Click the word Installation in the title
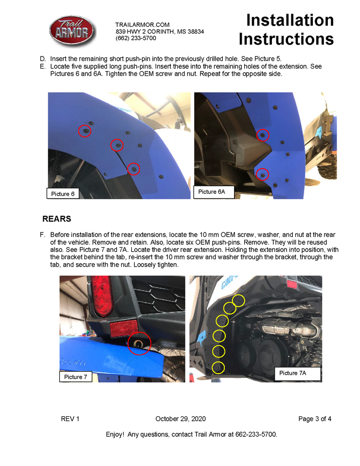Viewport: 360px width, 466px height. click(x=290, y=20)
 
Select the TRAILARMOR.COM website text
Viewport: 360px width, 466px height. click(x=142, y=25)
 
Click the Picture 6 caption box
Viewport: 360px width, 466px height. click(x=63, y=194)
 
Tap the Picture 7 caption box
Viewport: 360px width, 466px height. click(x=76, y=376)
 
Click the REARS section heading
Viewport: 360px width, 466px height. click(x=57, y=219)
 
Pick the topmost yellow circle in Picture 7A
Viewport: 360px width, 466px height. click(x=238, y=301)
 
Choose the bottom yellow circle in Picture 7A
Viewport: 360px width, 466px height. click(x=218, y=367)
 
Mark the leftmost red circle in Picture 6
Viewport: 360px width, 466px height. click(x=85, y=131)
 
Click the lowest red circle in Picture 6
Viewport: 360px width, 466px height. click(x=134, y=169)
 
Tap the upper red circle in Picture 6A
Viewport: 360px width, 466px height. click(x=262, y=135)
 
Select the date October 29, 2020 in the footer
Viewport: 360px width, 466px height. click(x=180, y=419)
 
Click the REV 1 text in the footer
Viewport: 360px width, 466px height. click(x=70, y=419)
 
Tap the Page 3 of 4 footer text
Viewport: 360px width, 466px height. click(x=315, y=419)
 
